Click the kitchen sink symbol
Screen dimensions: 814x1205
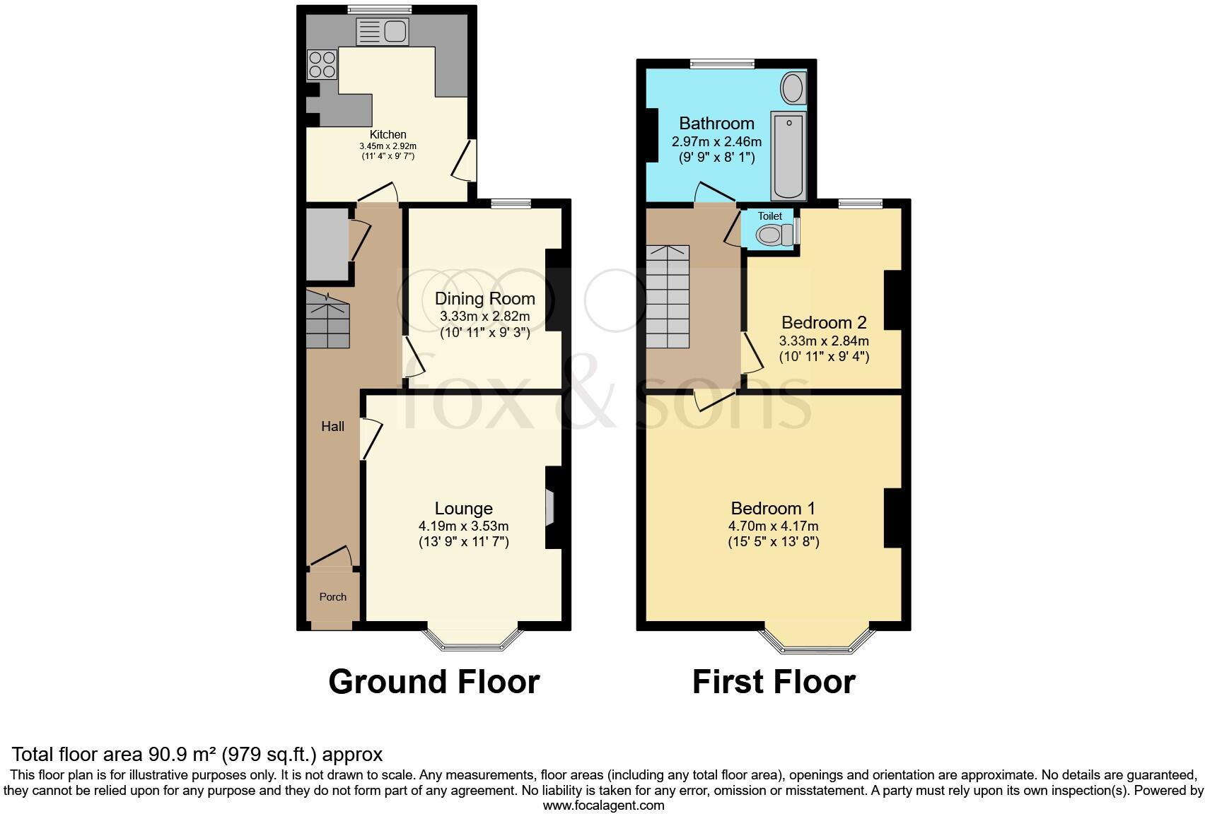pyautogui.click(x=383, y=32)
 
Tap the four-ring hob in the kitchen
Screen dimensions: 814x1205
pyautogui.click(x=322, y=64)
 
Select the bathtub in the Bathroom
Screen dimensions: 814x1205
pyautogui.click(x=788, y=155)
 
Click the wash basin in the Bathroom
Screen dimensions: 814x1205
pyautogui.click(x=793, y=90)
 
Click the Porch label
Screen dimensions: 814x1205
pyautogui.click(x=332, y=597)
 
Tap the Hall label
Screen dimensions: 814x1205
pyautogui.click(x=332, y=426)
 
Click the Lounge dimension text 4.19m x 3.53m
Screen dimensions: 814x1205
pyautogui.click(x=463, y=526)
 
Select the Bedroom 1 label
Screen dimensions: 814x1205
pyautogui.click(x=773, y=508)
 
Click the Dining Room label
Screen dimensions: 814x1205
pyautogui.click(x=484, y=299)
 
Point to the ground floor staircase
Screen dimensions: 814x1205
pyautogui.click(x=327, y=322)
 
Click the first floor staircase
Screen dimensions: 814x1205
pyautogui.click(x=668, y=297)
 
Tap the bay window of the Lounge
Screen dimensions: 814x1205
pyautogui.click(x=472, y=639)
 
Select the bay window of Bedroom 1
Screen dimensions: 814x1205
pyautogui.click(x=816, y=639)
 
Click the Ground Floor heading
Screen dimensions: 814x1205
pyautogui.click(x=434, y=682)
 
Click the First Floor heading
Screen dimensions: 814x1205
pyautogui.click(x=774, y=682)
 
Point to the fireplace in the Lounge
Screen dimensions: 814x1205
pyautogui.click(x=549, y=507)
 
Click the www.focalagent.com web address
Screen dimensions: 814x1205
pyautogui.click(x=603, y=805)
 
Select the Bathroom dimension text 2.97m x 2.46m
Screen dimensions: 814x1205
pyautogui.click(x=716, y=141)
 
